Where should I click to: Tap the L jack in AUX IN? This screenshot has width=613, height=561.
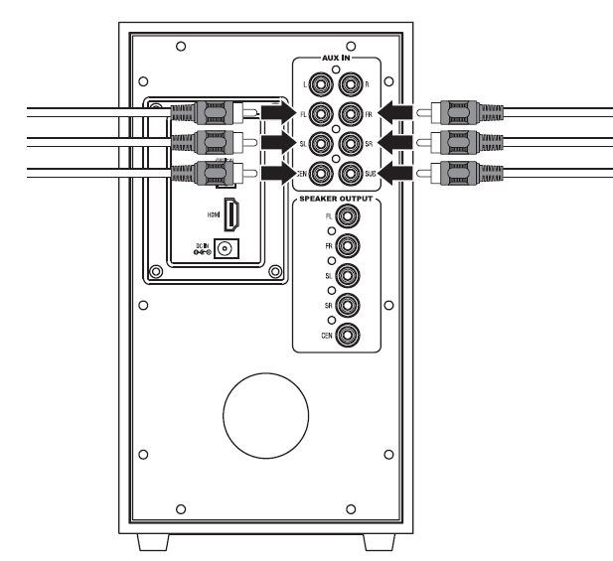(319, 83)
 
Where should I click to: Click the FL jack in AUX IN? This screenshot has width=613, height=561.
(319, 113)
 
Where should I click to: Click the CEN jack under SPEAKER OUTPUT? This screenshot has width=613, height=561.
(348, 336)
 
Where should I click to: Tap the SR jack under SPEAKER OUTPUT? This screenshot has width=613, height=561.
(348, 305)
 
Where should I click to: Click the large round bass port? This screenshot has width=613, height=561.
(265, 413)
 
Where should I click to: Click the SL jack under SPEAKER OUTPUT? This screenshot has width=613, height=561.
(348, 275)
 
